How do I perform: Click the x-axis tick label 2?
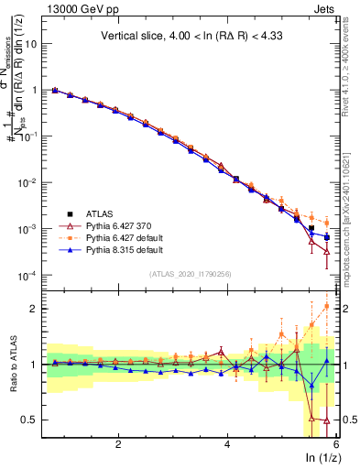click(118, 443)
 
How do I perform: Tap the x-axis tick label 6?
click(336, 443)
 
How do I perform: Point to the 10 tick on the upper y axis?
click(38, 43)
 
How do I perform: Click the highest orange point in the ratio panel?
click(327, 306)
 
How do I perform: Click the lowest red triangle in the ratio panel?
click(327, 421)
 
